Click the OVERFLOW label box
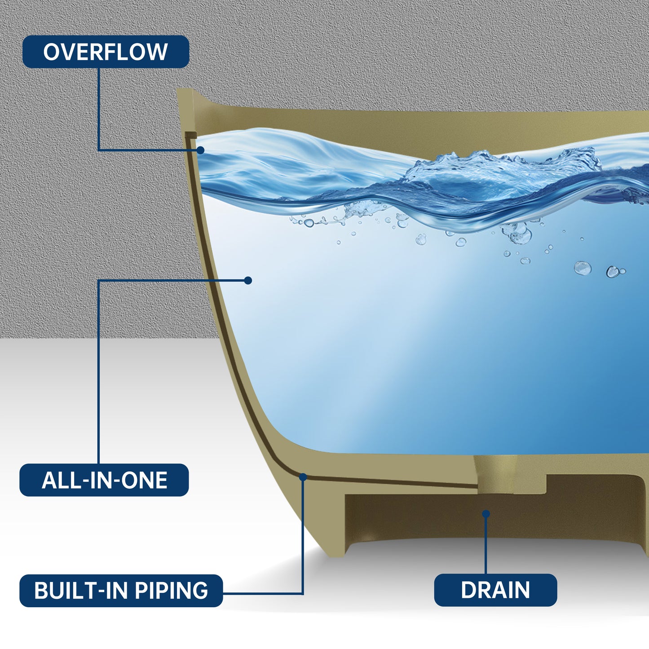pyautogui.click(x=106, y=52)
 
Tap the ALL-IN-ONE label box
pyautogui.click(x=104, y=480)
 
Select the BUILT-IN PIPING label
pyautogui.click(x=121, y=591)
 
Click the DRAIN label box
pyautogui.click(x=495, y=590)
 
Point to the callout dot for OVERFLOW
pyautogui.click(x=200, y=150)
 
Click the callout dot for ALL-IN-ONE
pyautogui.click(x=248, y=280)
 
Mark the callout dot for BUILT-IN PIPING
pyautogui.click(x=303, y=477)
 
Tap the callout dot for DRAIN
pyautogui.click(x=486, y=514)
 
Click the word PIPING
pyautogui.click(x=171, y=591)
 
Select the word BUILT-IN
pyautogui.click(x=83, y=591)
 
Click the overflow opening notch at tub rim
pyautogui.click(x=190, y=135)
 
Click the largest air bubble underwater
pyautogui.click(x=583, y=268)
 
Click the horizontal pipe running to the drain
pyautogui.click(x=391, y=482)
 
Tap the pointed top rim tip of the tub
pyautogui.click(x=178, y=89)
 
